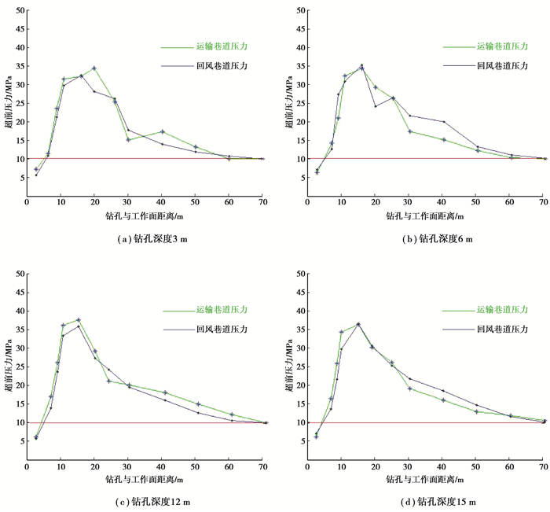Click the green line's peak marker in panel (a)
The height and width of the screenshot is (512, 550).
[94, 68]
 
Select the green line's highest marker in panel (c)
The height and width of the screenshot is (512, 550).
[79, 320]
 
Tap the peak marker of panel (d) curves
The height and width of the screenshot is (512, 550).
[357, 324]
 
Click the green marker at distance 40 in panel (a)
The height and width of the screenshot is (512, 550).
[162, 131]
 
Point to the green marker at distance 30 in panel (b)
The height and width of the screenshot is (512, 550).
[409, 131]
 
